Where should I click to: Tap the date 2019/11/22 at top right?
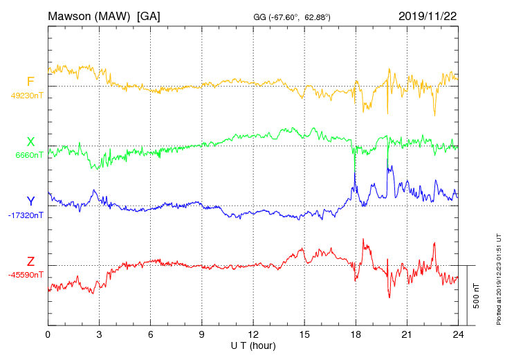click(x=428, y=16)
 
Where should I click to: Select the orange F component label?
click(x=30, y=82)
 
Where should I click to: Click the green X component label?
click(x=30, y=141)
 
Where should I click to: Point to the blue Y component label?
click(x=30, y=201)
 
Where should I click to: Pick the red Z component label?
click(x=30, y=262)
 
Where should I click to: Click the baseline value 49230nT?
click(x=27, y=96)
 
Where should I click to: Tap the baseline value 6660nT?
click(x=29, y=155)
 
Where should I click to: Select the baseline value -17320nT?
click(x=27, y=215)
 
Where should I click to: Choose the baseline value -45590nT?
click(x=27, y=275)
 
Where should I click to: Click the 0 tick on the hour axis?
click(x=48, y=335)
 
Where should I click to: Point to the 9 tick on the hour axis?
click(x=202, y=335)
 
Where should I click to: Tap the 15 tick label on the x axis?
click(x=304, y=335)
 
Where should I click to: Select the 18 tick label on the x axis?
click(x=356, y=335)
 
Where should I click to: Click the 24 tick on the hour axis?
click(x=458, y=335)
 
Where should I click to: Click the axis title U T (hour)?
click(x=253, y=345)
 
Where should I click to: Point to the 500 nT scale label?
click(x=477, y=296)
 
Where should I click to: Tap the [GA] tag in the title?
click(x=148, y=16)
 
